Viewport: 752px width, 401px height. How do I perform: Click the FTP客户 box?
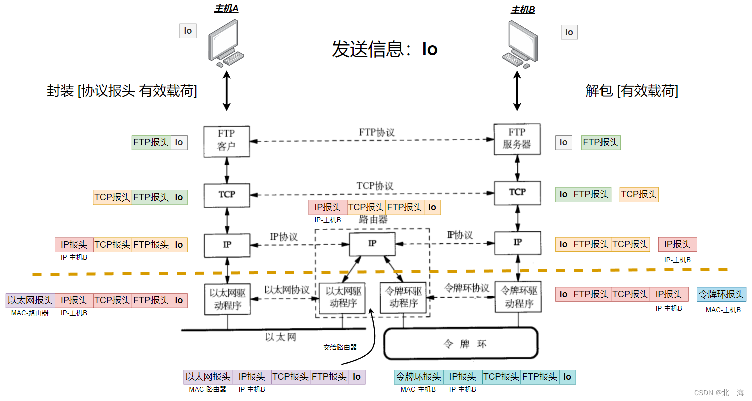[x=227, y=142]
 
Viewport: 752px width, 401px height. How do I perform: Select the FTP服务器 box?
[x=517, y=139]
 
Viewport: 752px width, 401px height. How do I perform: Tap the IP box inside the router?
[x=372, y=244]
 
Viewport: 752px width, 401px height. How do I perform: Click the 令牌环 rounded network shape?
[x=461, y=343]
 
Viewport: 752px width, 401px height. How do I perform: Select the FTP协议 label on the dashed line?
[x=377, y=133]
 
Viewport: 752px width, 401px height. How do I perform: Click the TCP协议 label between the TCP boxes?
[x=375, y=186]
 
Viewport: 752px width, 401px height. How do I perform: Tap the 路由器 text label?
[x=373, y=219]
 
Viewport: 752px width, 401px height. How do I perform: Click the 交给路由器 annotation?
[x=340, y=347]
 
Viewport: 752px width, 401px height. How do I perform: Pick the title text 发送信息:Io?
[x=384, y=49]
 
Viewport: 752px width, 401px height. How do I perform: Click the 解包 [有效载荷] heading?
[x=632, y=91]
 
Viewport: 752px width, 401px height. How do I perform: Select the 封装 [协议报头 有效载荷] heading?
[x=122, y=91]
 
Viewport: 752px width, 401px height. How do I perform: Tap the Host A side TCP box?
[x=227, y=195]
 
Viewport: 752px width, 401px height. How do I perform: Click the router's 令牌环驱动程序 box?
[x=403, y=298]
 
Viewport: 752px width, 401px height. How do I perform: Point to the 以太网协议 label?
[x=286, y=290]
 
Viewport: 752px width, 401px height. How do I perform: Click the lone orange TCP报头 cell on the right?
[x=639, y=194]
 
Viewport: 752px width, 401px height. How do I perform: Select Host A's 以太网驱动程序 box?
[x=227, y=299]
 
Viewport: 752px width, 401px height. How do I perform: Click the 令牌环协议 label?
[x=467, y=288]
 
